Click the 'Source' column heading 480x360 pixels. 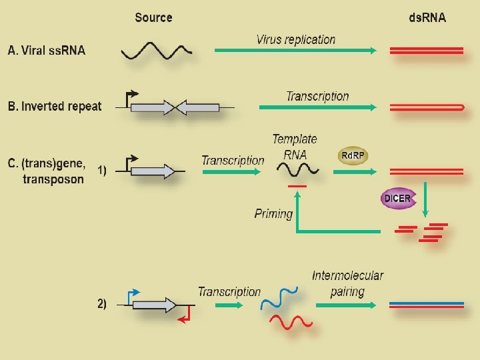(x=153, y=18)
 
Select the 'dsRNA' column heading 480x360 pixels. (x=427, y=18)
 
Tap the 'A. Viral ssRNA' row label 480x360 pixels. (x=47, y=51)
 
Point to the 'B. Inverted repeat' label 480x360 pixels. (x=55, y=107)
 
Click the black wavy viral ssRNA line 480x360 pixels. (x=157, y=51)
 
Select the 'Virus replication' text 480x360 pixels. (x=295, y=39)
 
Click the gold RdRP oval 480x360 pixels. (x=353, y=156)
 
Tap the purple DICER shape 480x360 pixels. (x=397, y=199)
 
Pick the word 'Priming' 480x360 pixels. (x=273, y=214)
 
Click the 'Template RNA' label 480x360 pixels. (x=295, y=146)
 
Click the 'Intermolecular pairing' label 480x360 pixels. (x=347, y=283)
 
